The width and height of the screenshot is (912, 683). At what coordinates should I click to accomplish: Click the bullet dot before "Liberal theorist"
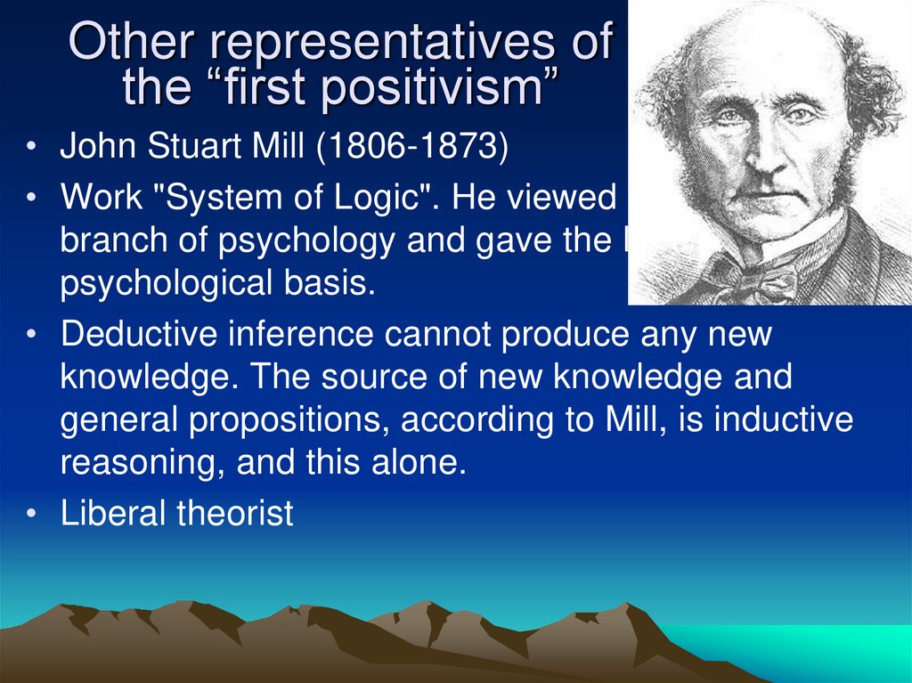pos(31,515)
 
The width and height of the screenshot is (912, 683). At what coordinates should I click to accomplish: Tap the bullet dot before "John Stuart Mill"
pos(31,148)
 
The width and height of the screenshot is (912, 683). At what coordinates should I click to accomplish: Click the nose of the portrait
pos(767,157)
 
